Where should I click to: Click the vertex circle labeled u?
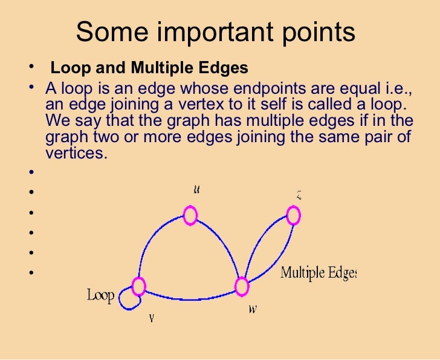tap(190, 215)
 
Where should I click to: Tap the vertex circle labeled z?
tap(293, 215)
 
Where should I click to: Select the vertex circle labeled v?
tap(139, 286)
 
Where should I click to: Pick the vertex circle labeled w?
tap(242, 286)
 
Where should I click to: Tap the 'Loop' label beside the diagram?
tap(101, 296)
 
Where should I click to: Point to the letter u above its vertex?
tap(197, 189)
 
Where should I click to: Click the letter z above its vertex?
tap(299, 195)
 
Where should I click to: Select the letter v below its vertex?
tap(151, 318)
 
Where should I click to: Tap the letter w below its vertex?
tap(252, 309)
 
